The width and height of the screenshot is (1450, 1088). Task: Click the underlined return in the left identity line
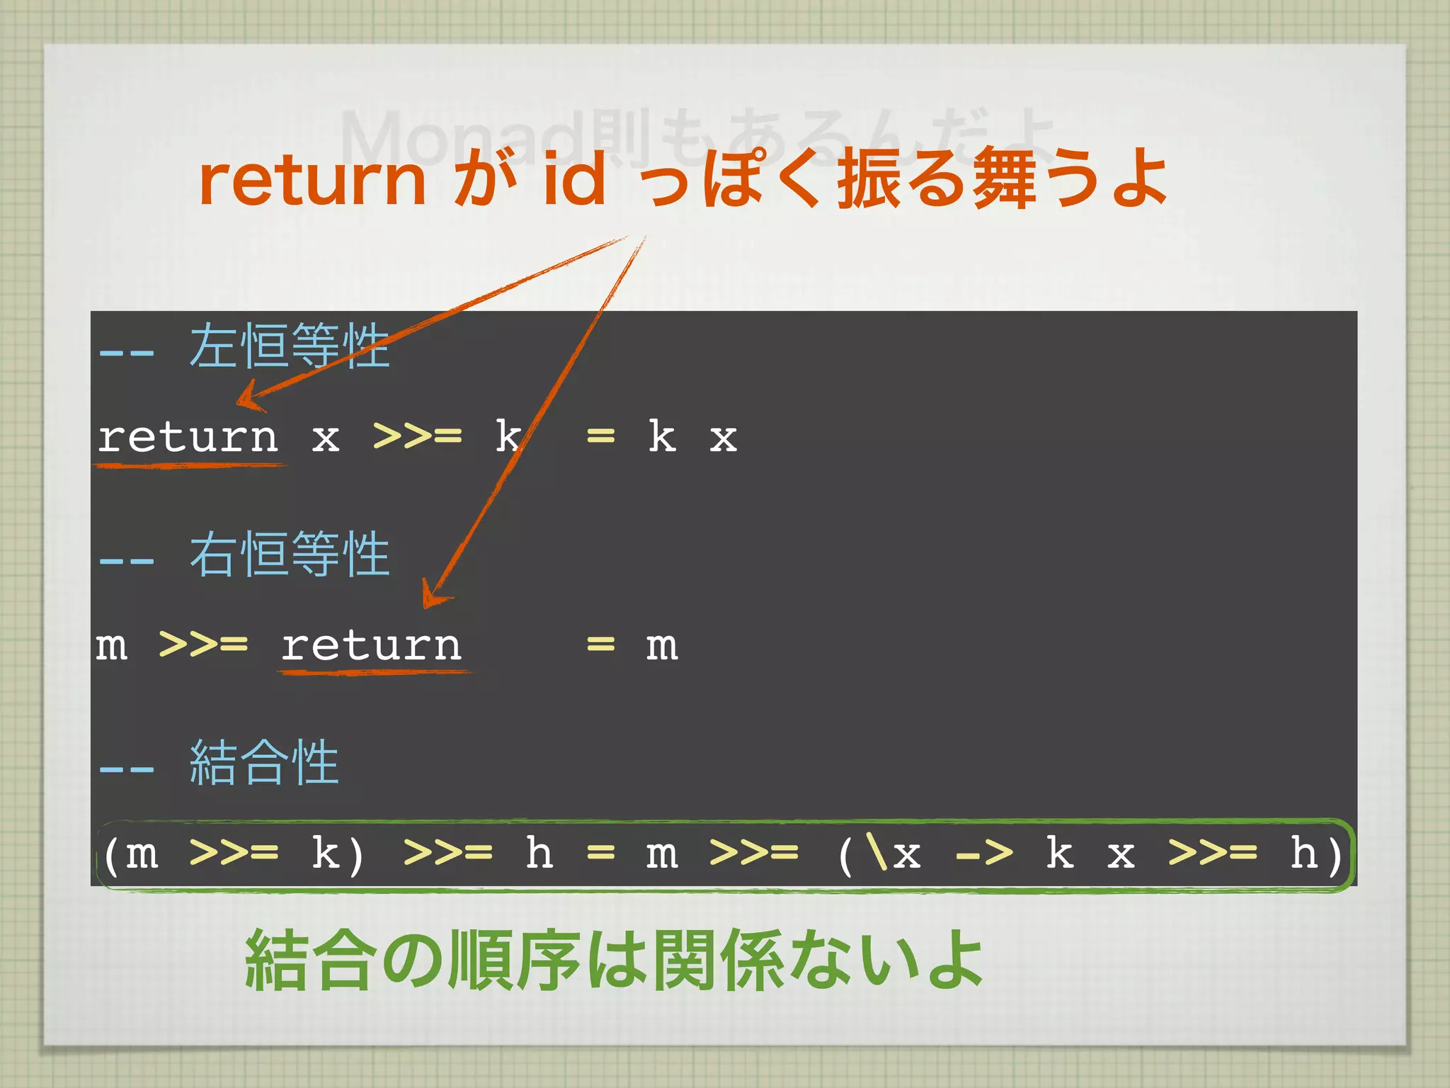(x=188, y=437)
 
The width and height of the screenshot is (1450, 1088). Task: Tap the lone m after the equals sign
(x=662, y=645)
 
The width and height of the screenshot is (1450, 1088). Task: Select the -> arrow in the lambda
(x=984, y=854)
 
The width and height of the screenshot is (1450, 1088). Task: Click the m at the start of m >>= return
(x=112, y=645)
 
